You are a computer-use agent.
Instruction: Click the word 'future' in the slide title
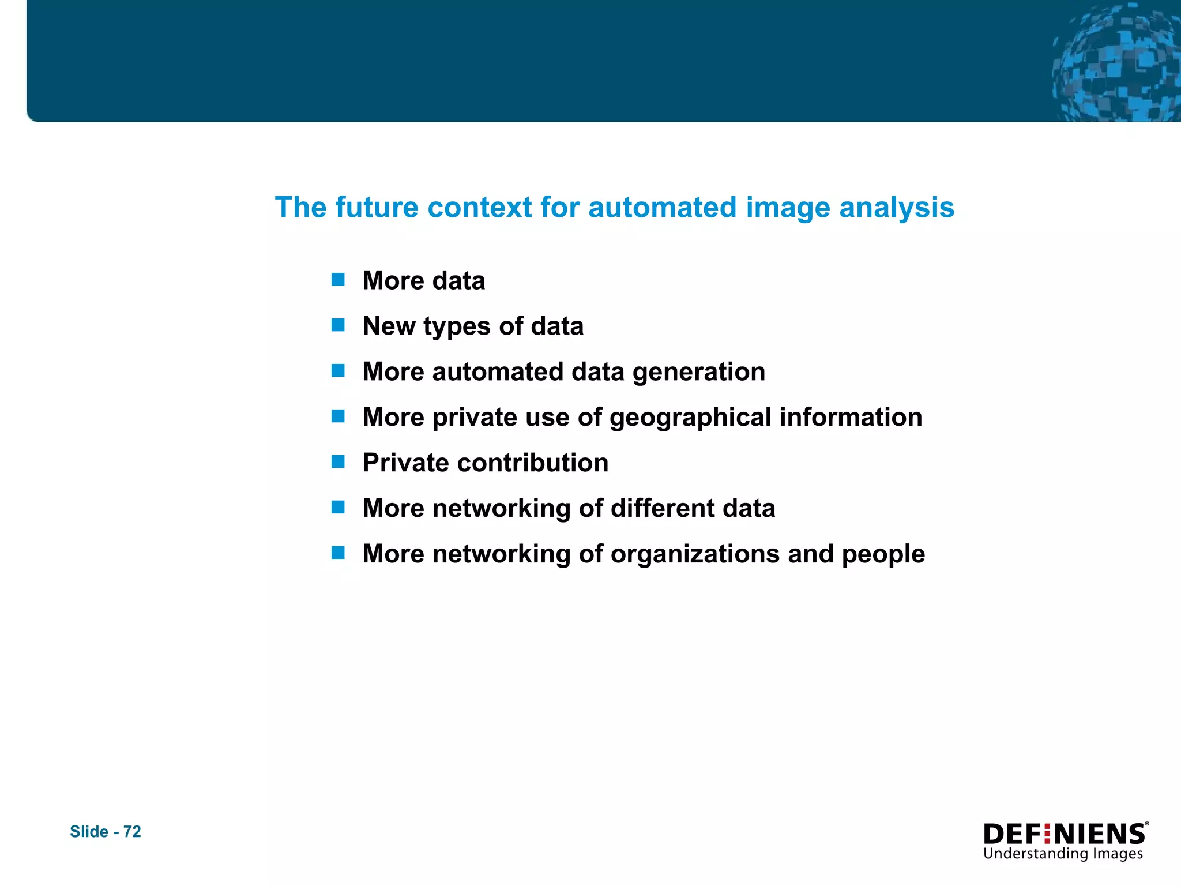click(377, 207)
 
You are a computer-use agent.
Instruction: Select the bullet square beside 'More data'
click(338, 280)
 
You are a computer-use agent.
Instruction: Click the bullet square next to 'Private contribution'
click(338, 462)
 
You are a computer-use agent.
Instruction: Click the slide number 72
click(132, 831)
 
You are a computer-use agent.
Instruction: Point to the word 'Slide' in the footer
click(89, 831)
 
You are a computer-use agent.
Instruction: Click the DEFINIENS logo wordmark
click(1064, 834)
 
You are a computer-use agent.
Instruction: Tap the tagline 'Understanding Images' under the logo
click(1063, 854)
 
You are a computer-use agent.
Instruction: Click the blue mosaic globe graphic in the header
click(1116, 63)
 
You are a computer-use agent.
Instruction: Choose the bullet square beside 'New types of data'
click(338, 326)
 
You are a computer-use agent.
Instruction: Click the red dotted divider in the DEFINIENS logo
click(1047, 834)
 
